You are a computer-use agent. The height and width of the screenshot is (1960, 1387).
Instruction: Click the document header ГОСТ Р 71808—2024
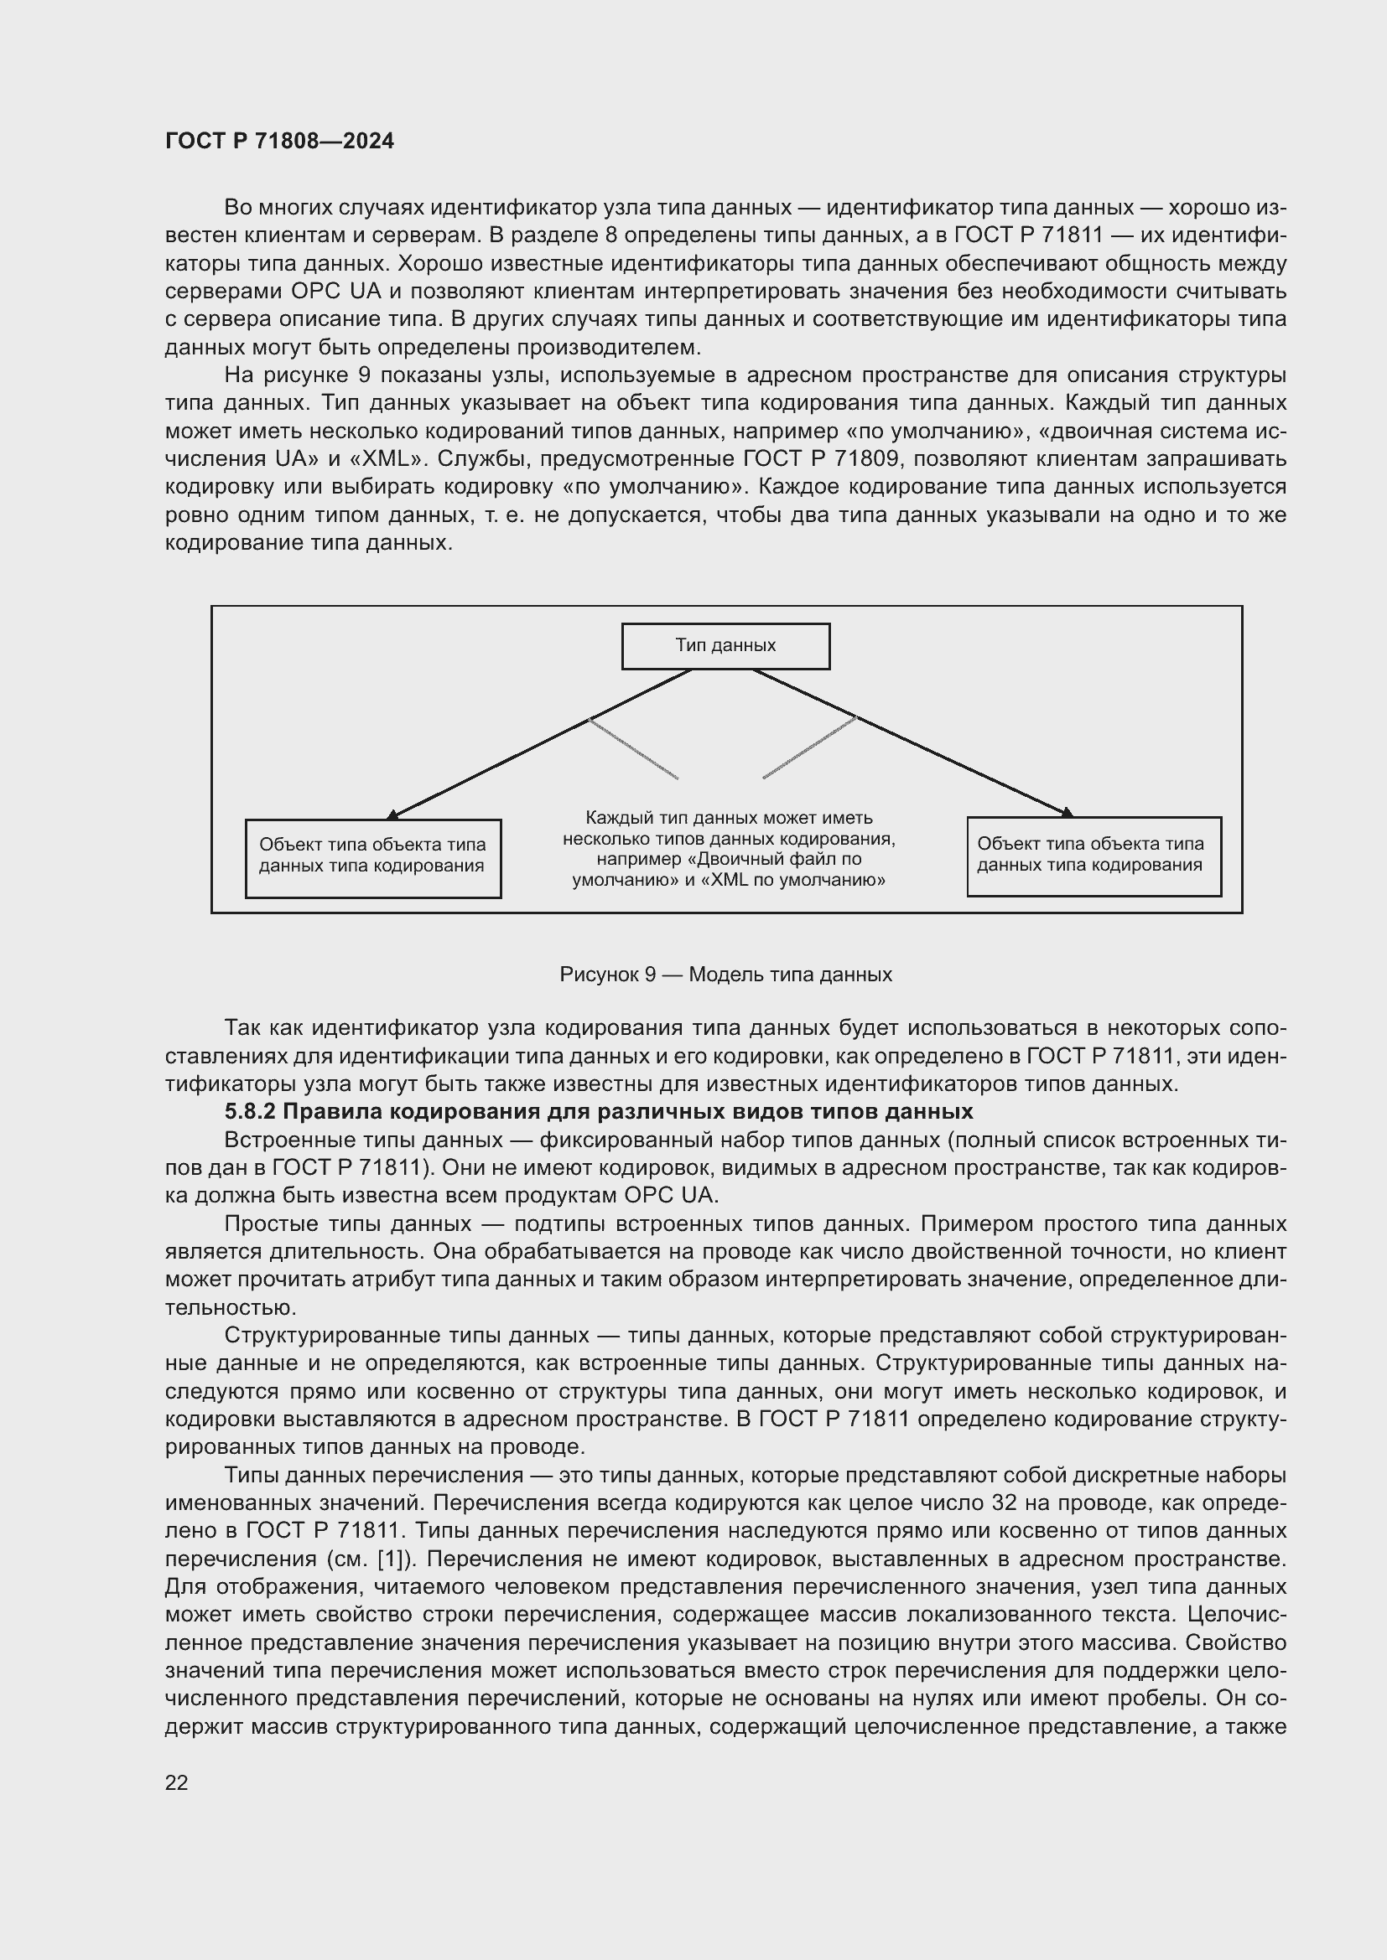tap(279, 141)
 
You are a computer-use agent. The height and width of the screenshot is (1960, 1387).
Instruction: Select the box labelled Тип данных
tap(725, 645)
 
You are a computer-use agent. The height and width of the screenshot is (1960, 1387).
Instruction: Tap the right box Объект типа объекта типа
tap(1093, 856)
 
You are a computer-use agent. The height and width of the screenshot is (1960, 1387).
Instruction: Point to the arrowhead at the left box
tap(392, 815)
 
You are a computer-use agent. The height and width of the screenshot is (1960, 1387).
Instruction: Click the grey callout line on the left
tap(634, 748)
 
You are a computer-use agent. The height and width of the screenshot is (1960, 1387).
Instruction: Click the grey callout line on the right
tap(808, 747)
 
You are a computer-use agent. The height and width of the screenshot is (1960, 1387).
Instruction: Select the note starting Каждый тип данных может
tap(729, 849)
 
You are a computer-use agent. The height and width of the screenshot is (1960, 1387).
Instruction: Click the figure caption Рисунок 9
tap(725, 974)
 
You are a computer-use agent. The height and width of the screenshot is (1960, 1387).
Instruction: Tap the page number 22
tap(176, 1782)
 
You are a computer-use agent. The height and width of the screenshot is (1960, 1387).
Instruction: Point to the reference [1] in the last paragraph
tap(389, 1559)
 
